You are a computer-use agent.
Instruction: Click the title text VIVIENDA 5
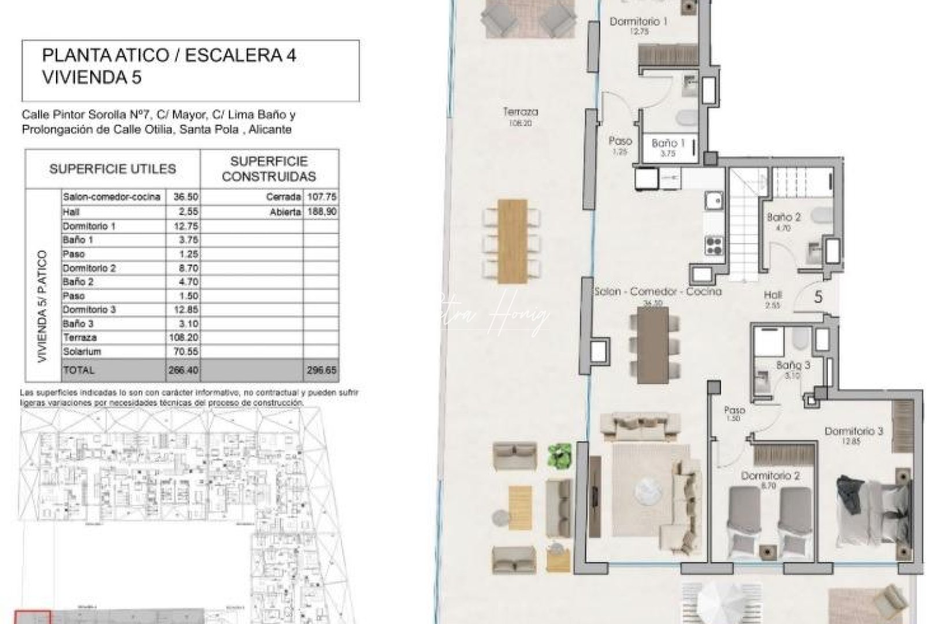92,77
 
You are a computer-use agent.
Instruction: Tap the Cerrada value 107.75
325,197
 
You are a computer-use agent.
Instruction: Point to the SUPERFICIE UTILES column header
113,169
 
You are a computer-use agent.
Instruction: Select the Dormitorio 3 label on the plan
853,435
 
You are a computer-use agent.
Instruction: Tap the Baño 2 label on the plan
783,222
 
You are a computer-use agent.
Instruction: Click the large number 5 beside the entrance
818,297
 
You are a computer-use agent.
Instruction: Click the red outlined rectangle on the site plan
32,617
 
